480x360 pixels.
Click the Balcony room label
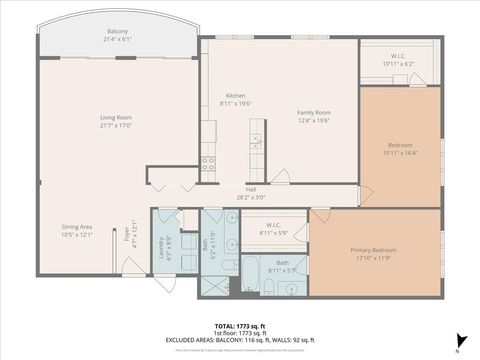[117, 32]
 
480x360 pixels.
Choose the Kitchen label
[235, 96]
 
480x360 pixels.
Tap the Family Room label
[314, 112]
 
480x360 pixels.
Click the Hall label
[252, 190]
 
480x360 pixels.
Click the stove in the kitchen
[209, 161]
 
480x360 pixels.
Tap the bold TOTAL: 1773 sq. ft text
[240, 326]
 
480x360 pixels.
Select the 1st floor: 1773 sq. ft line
[240, 333]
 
